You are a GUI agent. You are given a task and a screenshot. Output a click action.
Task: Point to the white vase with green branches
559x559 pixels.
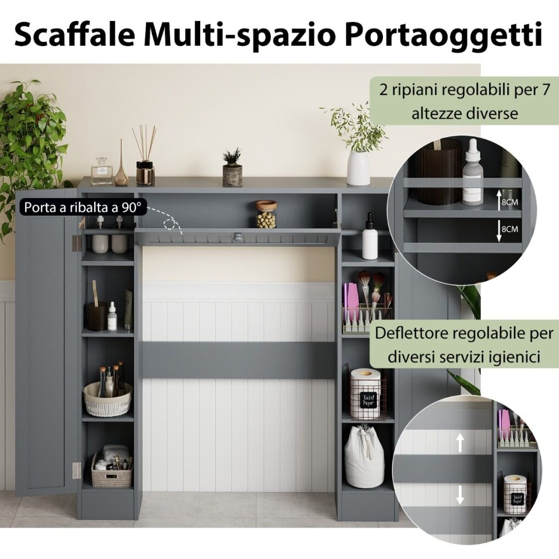[358, 168]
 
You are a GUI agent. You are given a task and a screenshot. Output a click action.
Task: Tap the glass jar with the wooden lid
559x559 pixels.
[266, 214]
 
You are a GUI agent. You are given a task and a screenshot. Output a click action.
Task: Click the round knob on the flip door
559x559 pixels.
[236, 237]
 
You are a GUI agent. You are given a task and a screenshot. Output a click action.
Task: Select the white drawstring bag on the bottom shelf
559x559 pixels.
[364, 456]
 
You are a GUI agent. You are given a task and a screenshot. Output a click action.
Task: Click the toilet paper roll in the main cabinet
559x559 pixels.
[365, 393]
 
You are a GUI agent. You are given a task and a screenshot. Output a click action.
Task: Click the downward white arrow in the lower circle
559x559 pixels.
[460, 495]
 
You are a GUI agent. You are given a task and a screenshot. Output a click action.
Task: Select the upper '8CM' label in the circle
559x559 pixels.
[509, 202]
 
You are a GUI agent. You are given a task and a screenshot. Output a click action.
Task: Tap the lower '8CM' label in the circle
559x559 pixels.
[509, 228]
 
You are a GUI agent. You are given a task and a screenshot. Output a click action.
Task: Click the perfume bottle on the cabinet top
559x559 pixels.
[102, 172]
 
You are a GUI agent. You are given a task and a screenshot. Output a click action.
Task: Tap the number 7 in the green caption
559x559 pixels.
[546, 90]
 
